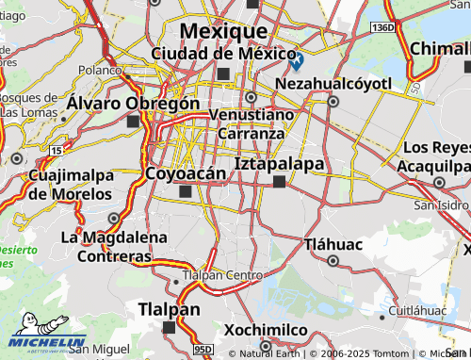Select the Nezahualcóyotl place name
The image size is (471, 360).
pyautogui.click(x=333, y=84)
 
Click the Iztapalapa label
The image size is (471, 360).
pyautogui.click(x=279, y=164)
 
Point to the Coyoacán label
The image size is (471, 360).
pyautogui.click(x=186, y=173)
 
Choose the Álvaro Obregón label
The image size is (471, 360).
pyautogui.click(x=133, y=103)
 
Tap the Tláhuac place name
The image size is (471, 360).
pyautogui.click(x=332, y=244)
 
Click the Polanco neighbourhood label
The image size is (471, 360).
pyautogui.click(x=100, y=70)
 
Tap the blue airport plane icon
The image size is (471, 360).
pyautogui.click(x=297, y=62)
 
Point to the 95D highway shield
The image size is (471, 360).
pyautogui.click(x=203, y=349)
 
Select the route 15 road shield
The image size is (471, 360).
pyautogui.click(x=58, y=150)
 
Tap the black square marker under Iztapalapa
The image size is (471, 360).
pyautogui.click(x=279, y=182)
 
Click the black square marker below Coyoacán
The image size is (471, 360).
pyautogui.click(x=185, y=191)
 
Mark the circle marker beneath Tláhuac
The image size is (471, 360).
pyautogui.click(x=332, y=260)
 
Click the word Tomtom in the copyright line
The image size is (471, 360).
pyautogui.click(x=357, y=354)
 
